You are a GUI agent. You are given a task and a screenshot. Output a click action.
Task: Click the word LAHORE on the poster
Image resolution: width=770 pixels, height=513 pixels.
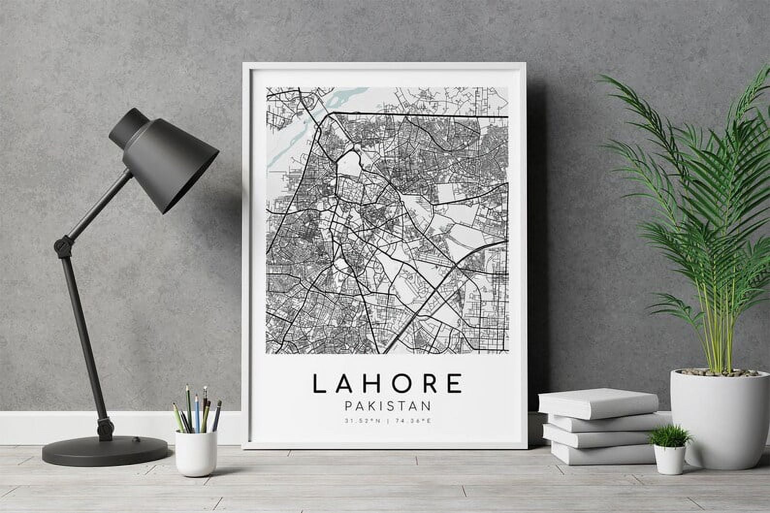[x=387, y=383]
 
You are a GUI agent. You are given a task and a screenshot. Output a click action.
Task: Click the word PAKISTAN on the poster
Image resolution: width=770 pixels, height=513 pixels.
[x=387, y=405]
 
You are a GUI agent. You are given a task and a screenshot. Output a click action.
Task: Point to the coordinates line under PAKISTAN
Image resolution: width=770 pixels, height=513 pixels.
[x=387, y=420]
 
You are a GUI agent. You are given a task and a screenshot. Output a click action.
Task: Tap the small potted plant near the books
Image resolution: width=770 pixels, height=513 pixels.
[x=670, y=436]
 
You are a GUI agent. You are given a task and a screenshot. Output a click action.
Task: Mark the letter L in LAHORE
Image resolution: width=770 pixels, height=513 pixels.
[x=318, y=384]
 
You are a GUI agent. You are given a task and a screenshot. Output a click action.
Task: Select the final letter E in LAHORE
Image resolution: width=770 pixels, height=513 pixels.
[x=455, y=384]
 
